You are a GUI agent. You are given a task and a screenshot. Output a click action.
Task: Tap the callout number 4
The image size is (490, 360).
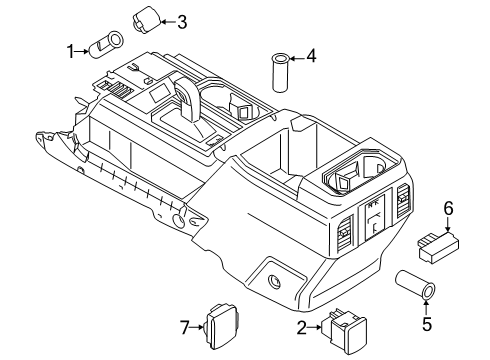(311, 57)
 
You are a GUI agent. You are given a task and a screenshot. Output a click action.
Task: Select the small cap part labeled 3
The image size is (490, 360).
(148, 18)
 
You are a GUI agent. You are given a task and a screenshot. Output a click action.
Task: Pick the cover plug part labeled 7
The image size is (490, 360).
(219, 323)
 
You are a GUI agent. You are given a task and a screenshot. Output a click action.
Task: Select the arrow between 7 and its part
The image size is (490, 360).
(197, 325)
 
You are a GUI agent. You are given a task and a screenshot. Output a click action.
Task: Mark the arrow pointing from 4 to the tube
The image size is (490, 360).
(296, 57)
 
